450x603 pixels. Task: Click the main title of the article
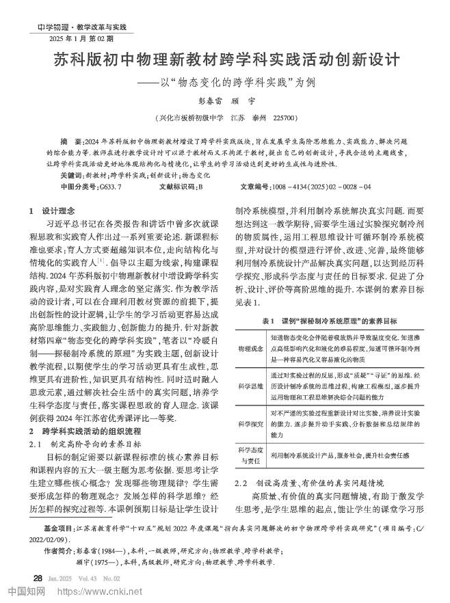tap(226, 59)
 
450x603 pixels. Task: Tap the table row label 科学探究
tap(250, 424)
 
